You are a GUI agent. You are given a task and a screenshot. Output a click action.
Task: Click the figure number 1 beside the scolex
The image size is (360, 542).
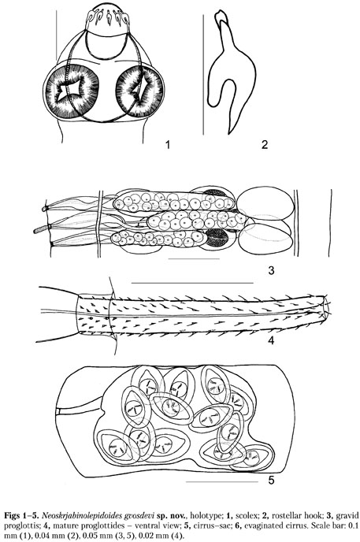168,144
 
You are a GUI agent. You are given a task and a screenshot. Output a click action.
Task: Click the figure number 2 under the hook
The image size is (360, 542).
265,144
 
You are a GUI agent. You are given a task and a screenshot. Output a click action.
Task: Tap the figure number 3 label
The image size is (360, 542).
271,270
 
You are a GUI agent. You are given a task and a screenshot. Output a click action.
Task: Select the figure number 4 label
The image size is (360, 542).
271,340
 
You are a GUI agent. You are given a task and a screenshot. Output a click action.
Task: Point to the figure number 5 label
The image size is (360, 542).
271,480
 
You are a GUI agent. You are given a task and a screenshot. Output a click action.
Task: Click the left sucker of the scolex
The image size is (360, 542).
72,91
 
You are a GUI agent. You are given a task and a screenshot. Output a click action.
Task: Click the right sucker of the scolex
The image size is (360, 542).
139,91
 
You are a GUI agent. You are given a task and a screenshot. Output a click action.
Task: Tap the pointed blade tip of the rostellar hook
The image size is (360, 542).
228,133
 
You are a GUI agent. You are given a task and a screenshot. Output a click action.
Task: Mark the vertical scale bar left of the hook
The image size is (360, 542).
203,75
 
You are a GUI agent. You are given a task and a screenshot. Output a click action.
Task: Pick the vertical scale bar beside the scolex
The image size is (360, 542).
56,35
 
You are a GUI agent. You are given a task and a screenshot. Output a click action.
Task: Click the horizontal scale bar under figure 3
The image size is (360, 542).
194,258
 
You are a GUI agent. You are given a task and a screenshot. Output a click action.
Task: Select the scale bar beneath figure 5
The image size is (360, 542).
222,481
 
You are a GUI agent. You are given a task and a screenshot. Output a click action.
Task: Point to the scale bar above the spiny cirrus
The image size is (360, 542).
192,283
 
